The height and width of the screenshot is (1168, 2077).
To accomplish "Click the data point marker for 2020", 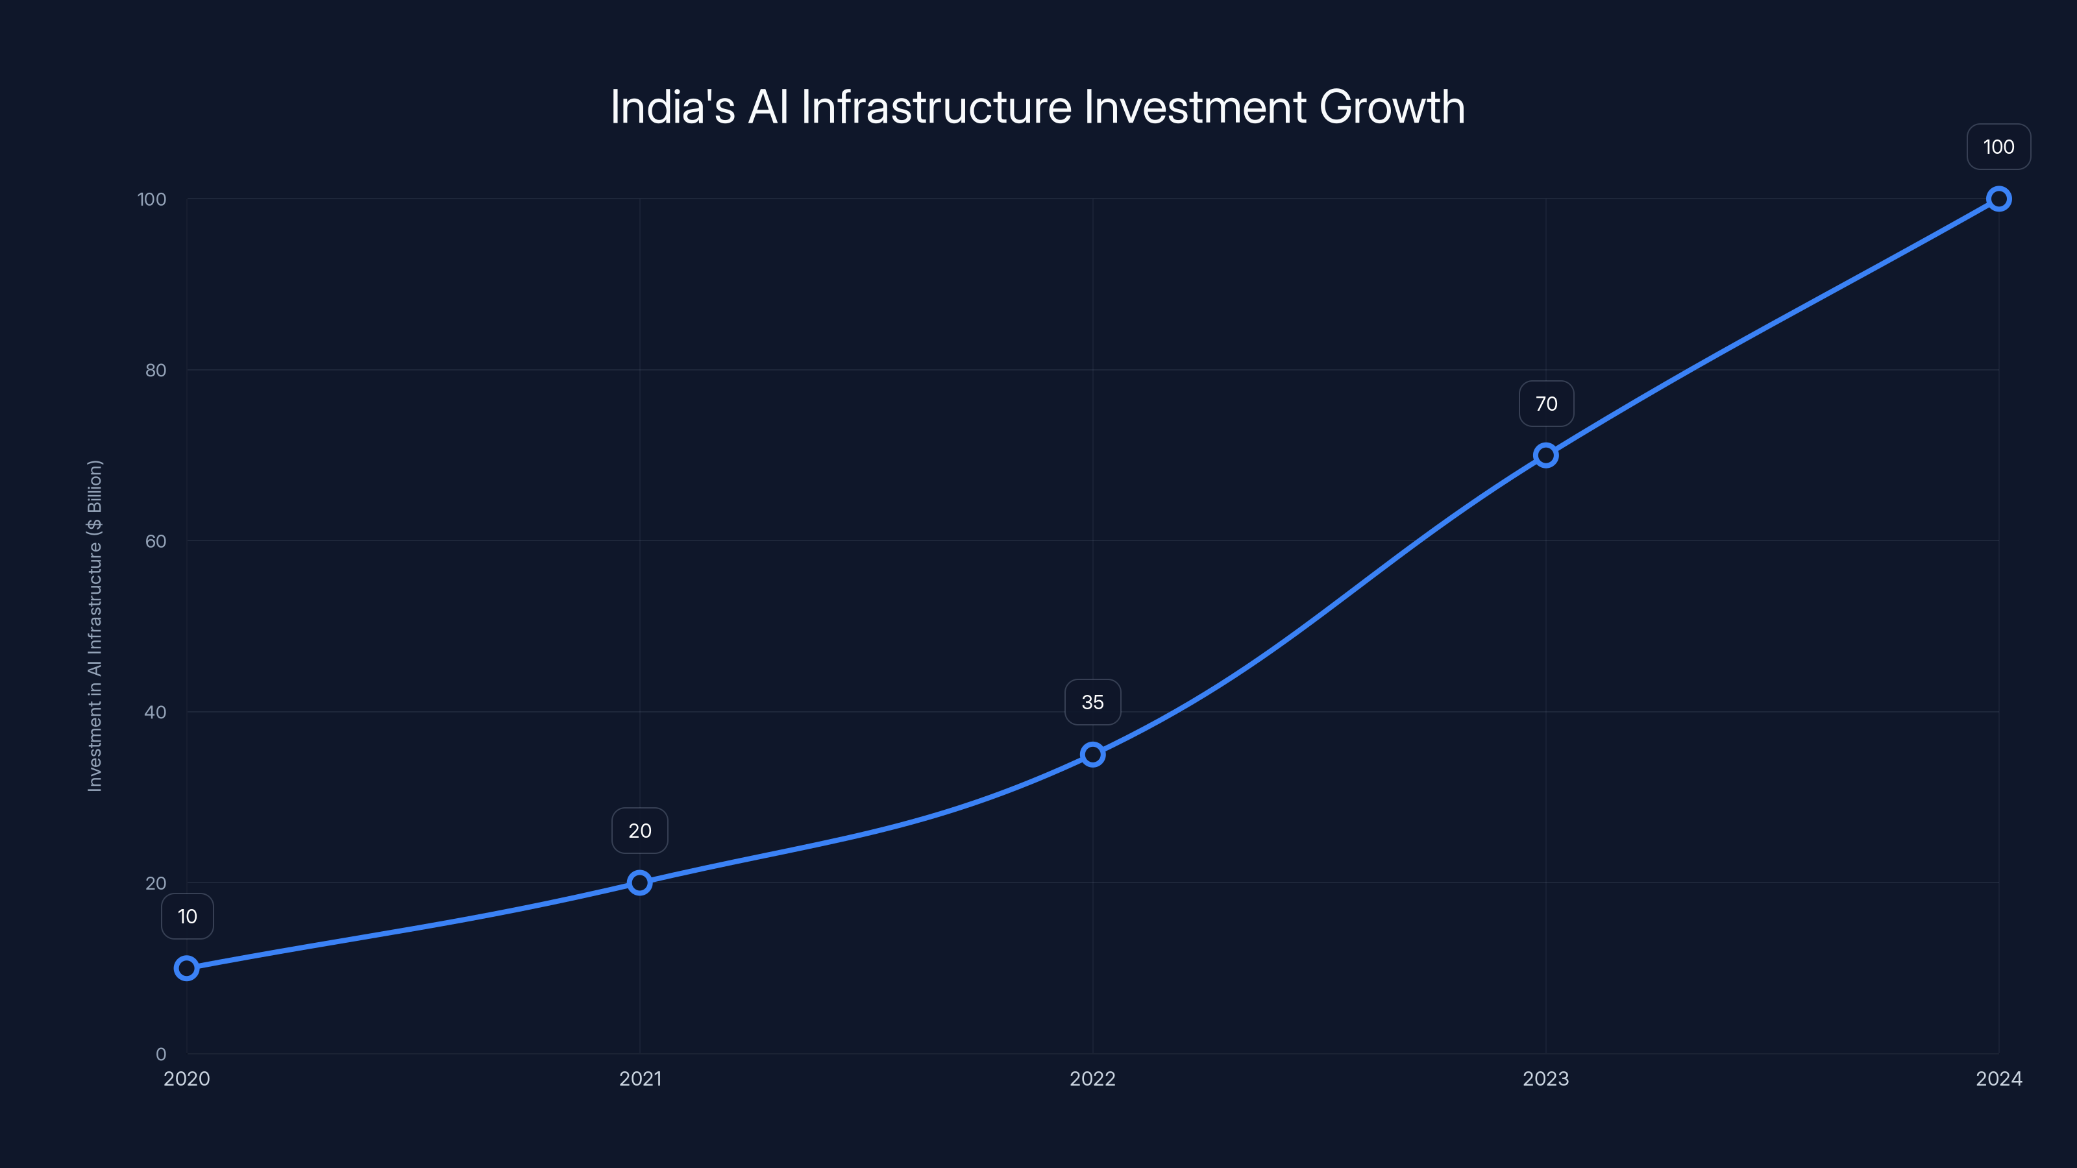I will click(186, 968).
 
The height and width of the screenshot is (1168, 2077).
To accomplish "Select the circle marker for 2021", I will click(639, 882).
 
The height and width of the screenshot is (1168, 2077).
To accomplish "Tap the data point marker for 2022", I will click(1092, 755).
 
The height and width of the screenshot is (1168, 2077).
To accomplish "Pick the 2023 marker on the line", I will click(1545, 456).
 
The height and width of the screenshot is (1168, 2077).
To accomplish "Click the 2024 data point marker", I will click(1999, 199).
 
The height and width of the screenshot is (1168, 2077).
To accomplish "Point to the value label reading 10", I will click(187, 916).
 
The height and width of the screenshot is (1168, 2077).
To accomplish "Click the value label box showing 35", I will click(1092, 702).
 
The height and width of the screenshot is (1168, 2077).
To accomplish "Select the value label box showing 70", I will click(1545, 404).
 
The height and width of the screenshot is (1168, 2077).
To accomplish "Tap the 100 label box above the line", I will click(1999, 147).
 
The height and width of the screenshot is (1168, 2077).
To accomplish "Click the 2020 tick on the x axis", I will click(186, 1078).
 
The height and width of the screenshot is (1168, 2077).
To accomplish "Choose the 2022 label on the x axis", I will click(1092, 1078).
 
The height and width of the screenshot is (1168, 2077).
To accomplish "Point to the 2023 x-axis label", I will click(1545, 1078).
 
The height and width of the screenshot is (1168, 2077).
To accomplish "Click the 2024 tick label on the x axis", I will click(1999, 1078).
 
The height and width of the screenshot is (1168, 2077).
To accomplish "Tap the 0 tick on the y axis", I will click(160, 1054).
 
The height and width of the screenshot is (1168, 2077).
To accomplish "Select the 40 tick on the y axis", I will click(156, 712).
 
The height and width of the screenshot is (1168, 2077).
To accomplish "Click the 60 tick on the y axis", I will click(156, 541).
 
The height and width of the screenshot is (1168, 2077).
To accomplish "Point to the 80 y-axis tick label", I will click(156, 370).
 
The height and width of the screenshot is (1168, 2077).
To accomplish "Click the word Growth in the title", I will click(1392, 107).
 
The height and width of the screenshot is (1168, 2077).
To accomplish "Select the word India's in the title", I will click(672, 107).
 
